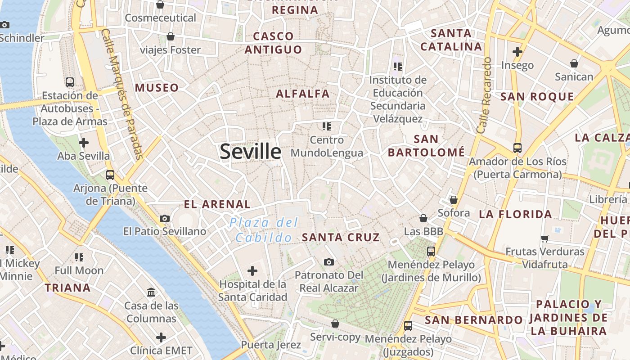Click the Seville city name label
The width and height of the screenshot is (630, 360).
(x=250, y=152)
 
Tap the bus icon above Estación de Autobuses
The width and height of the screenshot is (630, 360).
(x=70, y=82)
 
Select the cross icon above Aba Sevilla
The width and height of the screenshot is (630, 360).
(x=83, y=143)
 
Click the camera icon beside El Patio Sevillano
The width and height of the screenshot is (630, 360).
(x=165, y=218)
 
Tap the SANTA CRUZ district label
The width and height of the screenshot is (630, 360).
(x=341, y=237)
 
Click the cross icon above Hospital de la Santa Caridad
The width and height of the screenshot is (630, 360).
(x=252, y=271)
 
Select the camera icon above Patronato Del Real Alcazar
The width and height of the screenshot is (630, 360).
(x=329, y=262)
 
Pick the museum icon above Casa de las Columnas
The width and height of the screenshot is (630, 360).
(x=152, y=292)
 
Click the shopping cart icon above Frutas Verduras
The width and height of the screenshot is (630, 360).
(x=545, y=238)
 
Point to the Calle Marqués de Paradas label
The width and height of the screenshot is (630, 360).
(x=122, y=94)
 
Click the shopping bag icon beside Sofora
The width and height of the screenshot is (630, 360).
(x=453, y=200)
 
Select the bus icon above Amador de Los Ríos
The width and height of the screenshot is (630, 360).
(x=517, y=148)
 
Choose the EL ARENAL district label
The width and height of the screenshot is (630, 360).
(x=217, y=204)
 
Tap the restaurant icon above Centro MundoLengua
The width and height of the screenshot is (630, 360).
(x=327, y=126)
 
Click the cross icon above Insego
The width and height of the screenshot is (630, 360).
(x=517, y=52)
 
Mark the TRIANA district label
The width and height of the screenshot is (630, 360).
(x=67, y=288)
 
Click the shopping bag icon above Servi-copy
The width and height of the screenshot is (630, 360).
(x=335, y=324)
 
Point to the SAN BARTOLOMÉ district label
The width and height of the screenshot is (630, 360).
(x=426, y=146)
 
